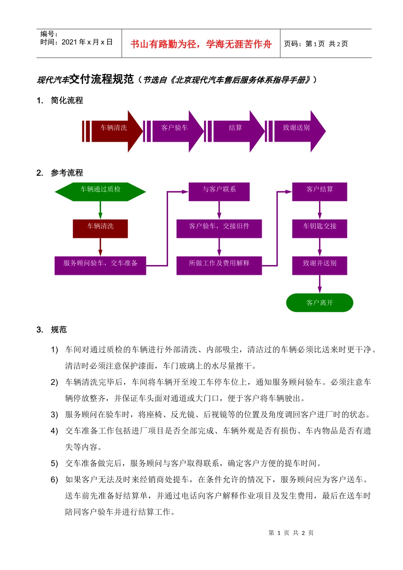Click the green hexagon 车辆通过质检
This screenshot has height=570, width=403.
(x=101, y=192)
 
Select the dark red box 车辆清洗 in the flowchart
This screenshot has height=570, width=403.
(x=101, y=229)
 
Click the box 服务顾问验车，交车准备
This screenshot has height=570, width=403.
(x=101, y=265)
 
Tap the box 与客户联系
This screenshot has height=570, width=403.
(x=219, y=192)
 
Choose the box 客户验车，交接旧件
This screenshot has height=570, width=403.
(x=219, y=229)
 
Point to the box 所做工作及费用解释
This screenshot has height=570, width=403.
(x=219, y=265)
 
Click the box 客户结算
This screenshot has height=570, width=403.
(x=320, y=192)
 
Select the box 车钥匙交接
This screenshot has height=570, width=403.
(x=320, y=229)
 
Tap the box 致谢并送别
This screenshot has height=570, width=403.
(x=320, y=265)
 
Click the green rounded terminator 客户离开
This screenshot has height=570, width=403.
(x=320, y=303)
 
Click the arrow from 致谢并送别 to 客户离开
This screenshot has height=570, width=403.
(x=320, y=284)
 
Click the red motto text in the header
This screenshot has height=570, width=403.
(x=201, y=44)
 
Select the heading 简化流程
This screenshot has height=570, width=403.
(x=67, y=101)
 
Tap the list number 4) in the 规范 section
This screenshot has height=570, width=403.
(x=54, y=431)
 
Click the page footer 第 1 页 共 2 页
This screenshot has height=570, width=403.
(x=291, y=533)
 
